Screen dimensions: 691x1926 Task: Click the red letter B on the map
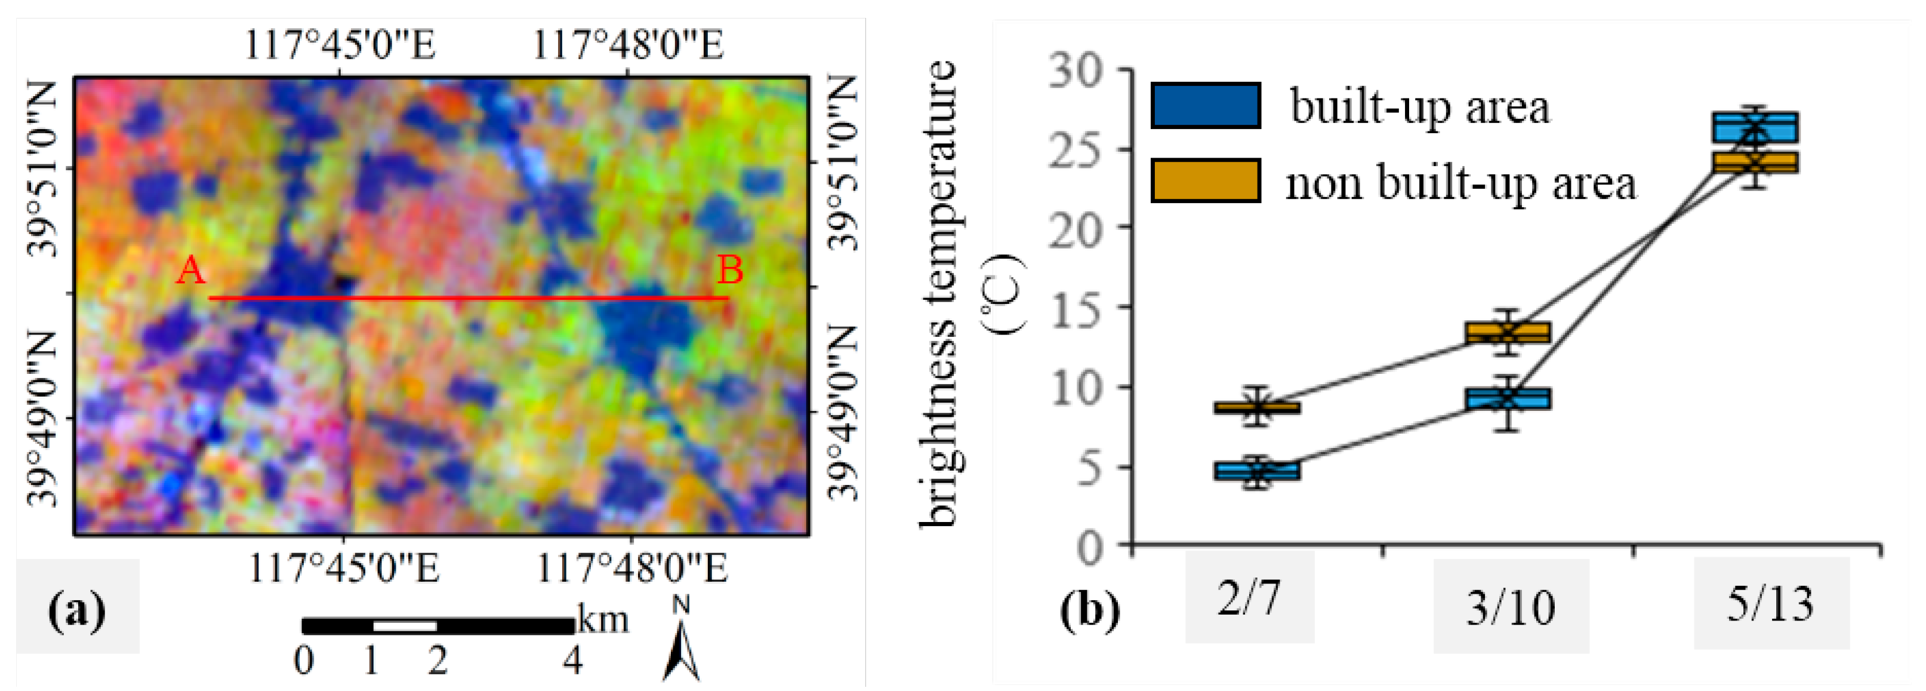730,270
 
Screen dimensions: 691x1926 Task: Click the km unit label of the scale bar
603,621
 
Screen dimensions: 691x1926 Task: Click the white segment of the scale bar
405,626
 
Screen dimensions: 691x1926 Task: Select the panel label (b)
1089,610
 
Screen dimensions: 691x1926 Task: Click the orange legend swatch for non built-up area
1205,180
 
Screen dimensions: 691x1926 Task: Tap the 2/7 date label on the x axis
1249,598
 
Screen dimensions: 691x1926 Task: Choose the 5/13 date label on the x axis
1770,604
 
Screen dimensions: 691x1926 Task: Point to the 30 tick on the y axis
1076,71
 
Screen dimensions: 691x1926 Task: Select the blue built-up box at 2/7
1257,471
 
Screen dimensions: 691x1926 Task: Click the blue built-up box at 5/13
1755,127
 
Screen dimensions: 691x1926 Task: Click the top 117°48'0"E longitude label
628,45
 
